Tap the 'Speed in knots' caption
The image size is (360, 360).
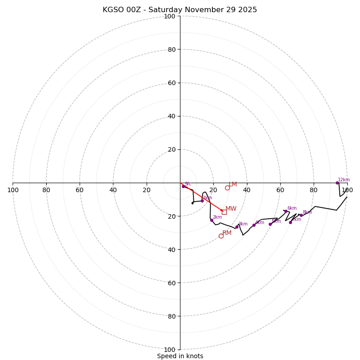[180, 356]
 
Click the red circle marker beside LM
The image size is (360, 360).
[227, 188]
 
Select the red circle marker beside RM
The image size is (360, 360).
[221, 236]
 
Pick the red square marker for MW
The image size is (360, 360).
[224, 212]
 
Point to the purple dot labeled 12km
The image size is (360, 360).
[337, 183]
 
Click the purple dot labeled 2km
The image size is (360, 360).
[211, 220]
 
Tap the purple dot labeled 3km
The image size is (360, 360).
[237, 227]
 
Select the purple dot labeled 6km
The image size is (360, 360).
[286, 211]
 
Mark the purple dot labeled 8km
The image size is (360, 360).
[301, 215]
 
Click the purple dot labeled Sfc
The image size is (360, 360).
[183, 186]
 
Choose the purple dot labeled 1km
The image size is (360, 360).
[202, 201]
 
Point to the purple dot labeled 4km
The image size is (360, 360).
[254, 225]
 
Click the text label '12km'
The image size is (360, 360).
[344, 180]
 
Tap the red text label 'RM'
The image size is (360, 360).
[227, 233]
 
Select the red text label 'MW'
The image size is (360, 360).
[231, 209]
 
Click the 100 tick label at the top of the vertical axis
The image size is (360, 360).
[170, 17]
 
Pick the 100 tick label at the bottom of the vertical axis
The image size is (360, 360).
[170, 350]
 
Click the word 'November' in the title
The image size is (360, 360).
[204, 10]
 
